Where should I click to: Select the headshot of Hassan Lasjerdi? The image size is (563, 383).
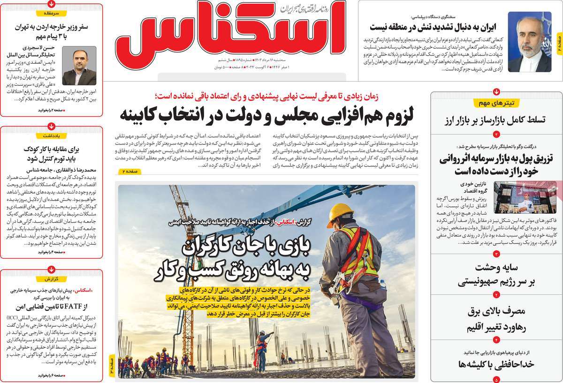[76, 65]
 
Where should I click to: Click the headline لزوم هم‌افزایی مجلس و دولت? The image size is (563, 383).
[265, 113]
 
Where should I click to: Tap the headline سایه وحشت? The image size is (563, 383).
[496, 275]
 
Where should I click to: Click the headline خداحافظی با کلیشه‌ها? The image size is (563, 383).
[496, 364]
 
